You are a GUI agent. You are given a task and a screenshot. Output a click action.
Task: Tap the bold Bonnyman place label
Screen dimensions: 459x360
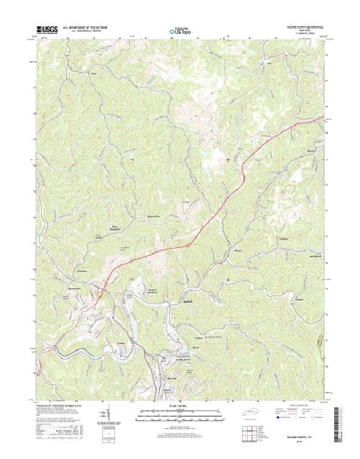pos(114,229)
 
